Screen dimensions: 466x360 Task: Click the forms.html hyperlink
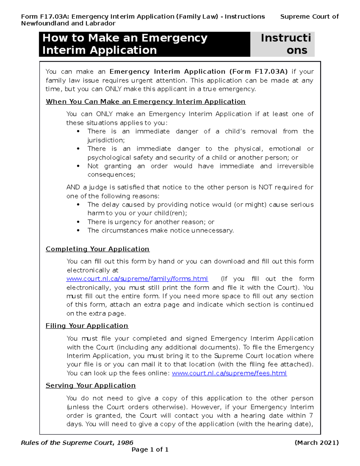[137, 279]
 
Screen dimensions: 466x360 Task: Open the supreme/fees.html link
[229, 373]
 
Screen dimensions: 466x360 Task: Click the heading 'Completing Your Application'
[97, 249]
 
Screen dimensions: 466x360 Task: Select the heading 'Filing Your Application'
[87, 326]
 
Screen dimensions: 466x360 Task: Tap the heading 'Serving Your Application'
[91, 386]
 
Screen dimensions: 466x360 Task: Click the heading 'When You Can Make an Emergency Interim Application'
[145, 102]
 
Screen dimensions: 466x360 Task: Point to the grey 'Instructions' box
[283, 44]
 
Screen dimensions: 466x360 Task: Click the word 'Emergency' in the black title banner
[174, 38]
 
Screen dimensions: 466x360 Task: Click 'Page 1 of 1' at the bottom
[150, 449]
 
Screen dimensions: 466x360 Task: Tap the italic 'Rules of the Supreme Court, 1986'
[77, 443]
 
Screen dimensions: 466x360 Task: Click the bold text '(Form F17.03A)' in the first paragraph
[258, 72]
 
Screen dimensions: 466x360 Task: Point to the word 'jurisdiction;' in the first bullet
[106, 140]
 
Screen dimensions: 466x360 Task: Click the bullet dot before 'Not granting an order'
[78, 166]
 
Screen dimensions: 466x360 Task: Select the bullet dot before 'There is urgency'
[78, 222]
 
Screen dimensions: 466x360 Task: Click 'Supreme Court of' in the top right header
[309, 17]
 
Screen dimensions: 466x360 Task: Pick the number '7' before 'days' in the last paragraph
[311, 416]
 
